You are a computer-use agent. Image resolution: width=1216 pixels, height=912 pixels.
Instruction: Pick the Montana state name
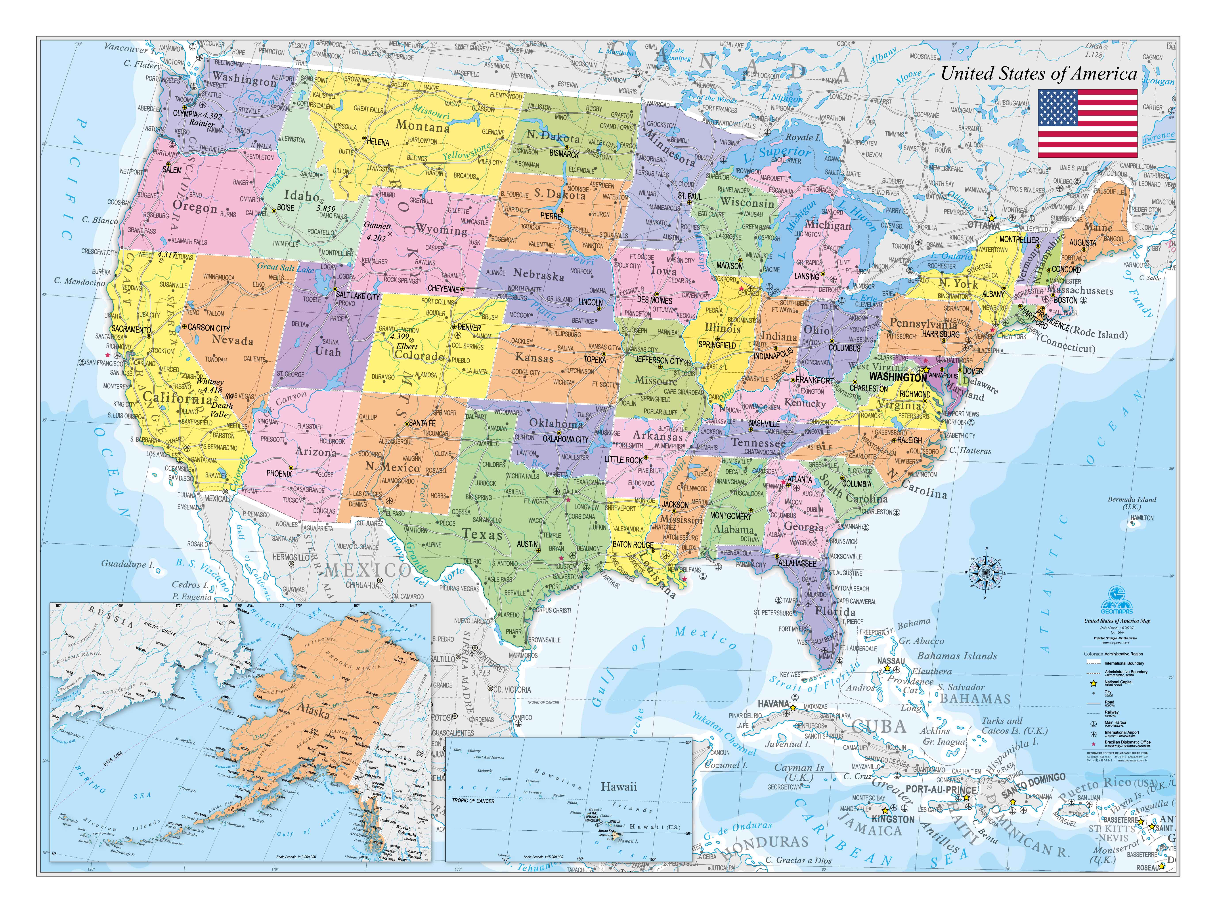coord(422,126)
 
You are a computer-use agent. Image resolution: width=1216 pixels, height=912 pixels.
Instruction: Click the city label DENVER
coord(469,327)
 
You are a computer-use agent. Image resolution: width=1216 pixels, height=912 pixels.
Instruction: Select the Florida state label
coord(835,612)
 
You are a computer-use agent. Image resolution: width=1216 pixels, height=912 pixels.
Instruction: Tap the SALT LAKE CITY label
coord(357,296)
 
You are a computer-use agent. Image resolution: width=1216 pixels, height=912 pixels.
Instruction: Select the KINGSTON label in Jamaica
coord(893,819)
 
